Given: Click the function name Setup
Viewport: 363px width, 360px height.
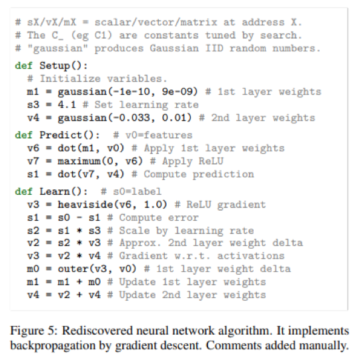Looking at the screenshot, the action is click(55, 66).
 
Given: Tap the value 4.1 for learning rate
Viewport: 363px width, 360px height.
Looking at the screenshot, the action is click(67, 105).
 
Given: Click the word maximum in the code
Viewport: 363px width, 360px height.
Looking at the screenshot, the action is click(79, 161).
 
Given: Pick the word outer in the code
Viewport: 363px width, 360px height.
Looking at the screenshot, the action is click(73, 269).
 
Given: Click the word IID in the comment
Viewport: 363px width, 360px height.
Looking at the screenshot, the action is click(214, 49).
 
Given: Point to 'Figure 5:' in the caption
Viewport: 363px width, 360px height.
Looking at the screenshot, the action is click(34, 331).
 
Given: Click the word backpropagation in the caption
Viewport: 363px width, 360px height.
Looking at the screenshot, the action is click(53, 345).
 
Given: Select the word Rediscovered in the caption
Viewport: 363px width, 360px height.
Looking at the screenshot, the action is click(97, 331).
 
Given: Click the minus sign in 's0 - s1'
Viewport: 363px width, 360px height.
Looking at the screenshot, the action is click(79, 218).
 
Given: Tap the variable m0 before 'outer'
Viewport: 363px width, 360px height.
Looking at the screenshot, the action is click(33, 269).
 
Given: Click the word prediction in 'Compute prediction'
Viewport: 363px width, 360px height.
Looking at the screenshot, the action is click(224, 174).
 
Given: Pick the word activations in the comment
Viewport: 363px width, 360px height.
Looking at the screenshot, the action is click(251, 256).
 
